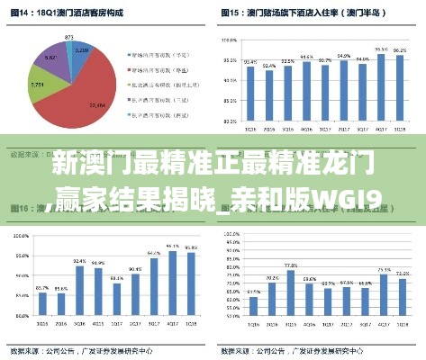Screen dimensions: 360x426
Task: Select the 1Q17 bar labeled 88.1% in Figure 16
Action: coord(117,306)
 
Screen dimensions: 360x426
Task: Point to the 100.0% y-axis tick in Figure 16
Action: coord(17,236)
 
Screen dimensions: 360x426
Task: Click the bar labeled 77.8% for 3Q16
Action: coord(291,297)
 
